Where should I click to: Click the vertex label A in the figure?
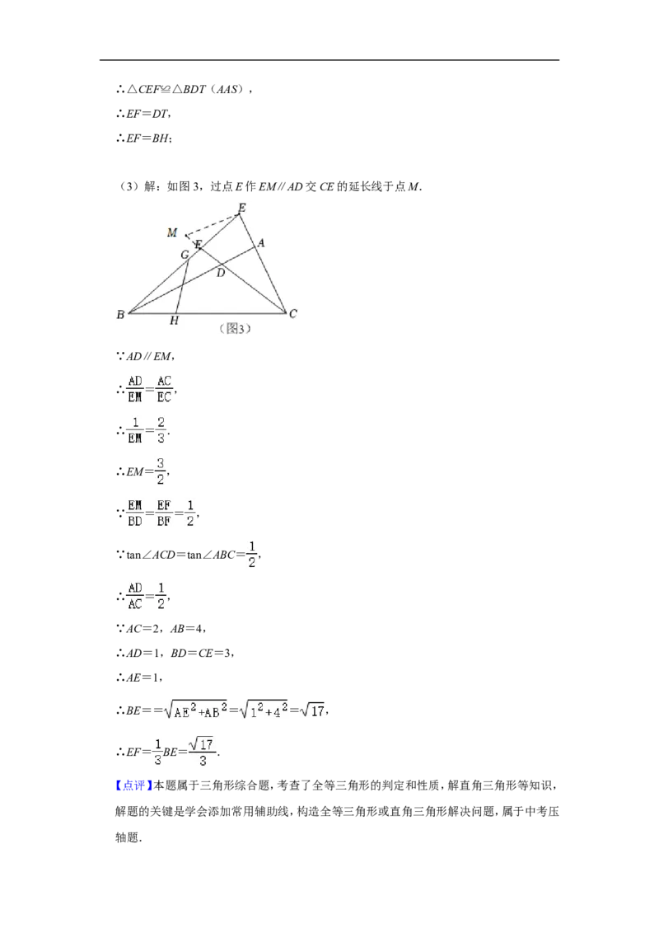(261, 243)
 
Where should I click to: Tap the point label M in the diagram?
(172, 232)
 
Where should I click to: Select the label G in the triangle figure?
(185, 255)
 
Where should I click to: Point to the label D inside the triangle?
(221, 273)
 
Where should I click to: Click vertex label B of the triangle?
(121, 314)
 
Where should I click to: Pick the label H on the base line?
(174, 321)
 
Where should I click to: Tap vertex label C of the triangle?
(292, 313)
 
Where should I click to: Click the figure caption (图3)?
(236, 329)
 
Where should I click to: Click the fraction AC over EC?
(164, 388)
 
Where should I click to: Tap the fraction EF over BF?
(164, 513)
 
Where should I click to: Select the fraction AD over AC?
(135, 596)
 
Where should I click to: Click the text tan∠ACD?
(151, 556)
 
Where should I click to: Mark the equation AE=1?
(143, 677)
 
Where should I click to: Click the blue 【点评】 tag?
(133, 785)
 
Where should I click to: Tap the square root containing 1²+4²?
(264, 710)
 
